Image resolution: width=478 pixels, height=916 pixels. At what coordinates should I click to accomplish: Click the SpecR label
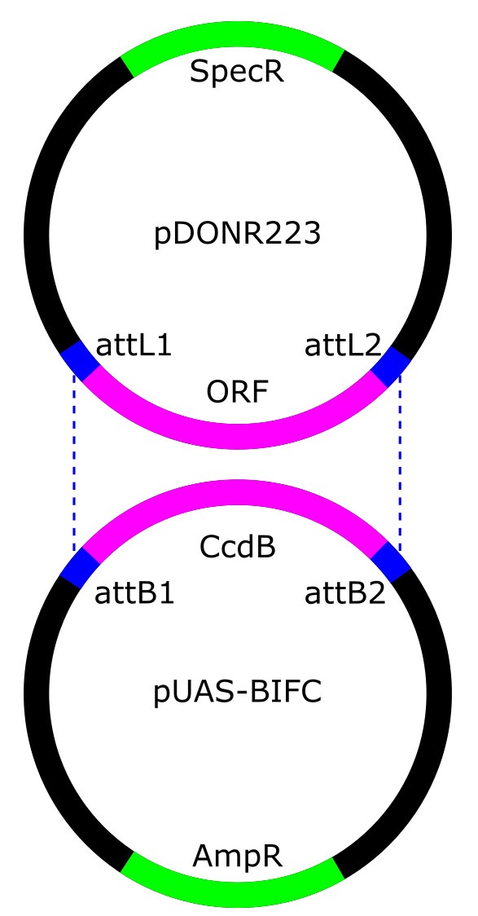[x=237, y=72]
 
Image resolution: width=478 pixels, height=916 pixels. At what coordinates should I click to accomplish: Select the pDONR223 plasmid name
[x=238, y=234]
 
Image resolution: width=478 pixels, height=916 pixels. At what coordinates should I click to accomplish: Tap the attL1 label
[x=134, y=346]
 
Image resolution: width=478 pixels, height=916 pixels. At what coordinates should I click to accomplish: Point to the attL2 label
[x=343, y=346]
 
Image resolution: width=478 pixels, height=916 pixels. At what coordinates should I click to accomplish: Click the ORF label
[x=237, y=393]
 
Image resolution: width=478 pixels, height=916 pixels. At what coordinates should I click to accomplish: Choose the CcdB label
[x=238, y=548]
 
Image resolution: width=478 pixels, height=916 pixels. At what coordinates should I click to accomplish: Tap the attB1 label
[x=134, y=595]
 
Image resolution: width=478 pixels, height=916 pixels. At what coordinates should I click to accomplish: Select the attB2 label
[x=345, y=595]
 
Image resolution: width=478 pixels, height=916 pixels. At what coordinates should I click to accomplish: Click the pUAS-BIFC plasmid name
[x=238, y=693]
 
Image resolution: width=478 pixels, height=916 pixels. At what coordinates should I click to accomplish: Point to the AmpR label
[x=238, y=857]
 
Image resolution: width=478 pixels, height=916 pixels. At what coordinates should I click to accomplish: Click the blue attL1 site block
[x=81, y=362]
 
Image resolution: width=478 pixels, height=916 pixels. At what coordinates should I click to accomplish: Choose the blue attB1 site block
[x=81, y=566]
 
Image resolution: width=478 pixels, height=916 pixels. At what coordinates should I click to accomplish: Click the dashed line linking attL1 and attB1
[x=73, y=463]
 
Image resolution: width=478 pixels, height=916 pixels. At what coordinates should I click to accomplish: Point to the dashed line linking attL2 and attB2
[x=400, y=463]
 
